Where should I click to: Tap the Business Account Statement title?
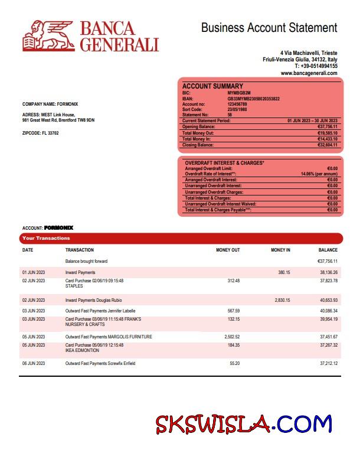pos(269,28)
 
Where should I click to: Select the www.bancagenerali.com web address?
pos(309,73)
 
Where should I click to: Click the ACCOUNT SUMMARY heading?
pos(212,86)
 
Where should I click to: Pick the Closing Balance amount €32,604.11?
pos(328,145)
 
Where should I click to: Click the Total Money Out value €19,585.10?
pos(328,133)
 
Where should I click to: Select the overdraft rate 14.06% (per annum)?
pos(319,174)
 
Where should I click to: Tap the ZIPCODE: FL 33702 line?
pos(40,133)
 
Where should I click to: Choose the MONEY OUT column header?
pos(228,250)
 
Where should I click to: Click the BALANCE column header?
pos(328,250)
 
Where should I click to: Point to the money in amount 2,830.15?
pos(282,300)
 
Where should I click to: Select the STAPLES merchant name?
pos(73,285)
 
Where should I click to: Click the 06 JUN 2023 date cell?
pos(33,363)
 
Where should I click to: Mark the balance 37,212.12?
pos(328,363)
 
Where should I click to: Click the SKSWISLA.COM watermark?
pos(244,424)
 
